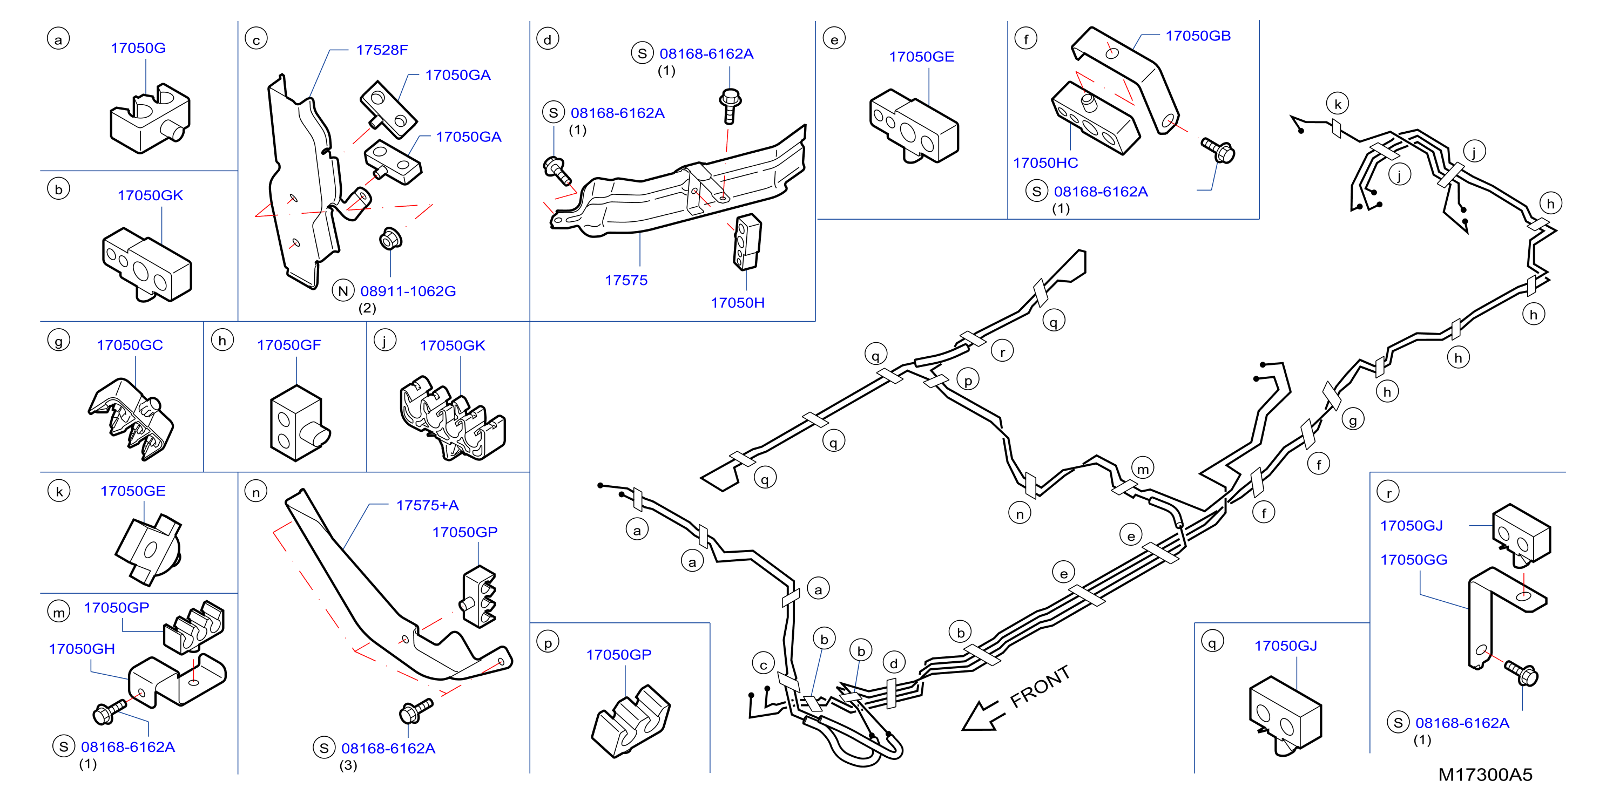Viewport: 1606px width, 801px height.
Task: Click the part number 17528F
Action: tap(382, 50)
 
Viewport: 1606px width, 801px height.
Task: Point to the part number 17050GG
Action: tap(1413, 560)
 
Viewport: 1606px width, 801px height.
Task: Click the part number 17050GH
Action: tap(82, 649)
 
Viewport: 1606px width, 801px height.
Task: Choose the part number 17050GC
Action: tap(130, 345)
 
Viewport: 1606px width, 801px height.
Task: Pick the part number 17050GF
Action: tap(289, 345)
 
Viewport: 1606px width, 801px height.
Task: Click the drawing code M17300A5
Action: tap(1485, 775)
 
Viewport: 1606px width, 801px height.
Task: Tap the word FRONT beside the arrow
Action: tap(1040, 687)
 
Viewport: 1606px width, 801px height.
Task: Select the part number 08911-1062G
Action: tap(408, 291)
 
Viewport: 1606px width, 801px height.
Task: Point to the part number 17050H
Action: tap(738, 303)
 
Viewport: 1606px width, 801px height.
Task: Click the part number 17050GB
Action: tap(1198, 36)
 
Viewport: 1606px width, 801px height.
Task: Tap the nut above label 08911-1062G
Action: tap(390, 238)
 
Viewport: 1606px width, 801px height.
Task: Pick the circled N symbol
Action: tap(343, 291)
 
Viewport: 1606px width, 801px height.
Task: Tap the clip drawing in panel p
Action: tap(630, 722)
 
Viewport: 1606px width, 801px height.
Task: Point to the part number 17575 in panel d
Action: tap(626, 281)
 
